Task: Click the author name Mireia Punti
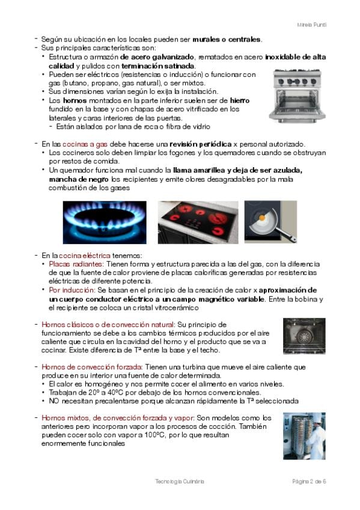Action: (x=311, y=25)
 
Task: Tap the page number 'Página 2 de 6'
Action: (x=309, y=481)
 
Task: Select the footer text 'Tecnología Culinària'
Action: (x=180, y=481)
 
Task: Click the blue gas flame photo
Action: (x=105, y=223)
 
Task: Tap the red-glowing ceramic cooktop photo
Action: (x=198, y=223)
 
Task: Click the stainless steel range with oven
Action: (x=297, y=96)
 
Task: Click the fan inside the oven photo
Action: (x=305, y=336)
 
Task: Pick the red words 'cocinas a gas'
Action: (x=85, y=144)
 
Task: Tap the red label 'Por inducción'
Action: (x=72, y=290)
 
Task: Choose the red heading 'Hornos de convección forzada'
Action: (x=92, y=367)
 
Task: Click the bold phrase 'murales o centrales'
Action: (x=227, y=39)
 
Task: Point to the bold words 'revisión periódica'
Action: (x=201, y=144)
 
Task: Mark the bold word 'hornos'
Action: (x=75, y=100)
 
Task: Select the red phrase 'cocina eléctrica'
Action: (x=85, y=256)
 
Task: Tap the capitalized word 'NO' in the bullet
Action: (x=54, y=401)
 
